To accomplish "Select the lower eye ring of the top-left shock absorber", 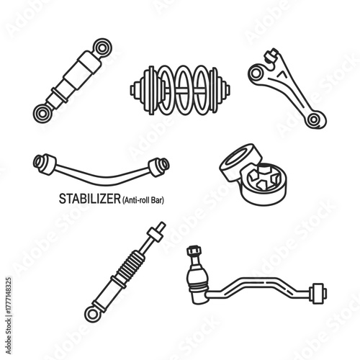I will [42, 112].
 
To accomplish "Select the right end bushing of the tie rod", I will [318, 293].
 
